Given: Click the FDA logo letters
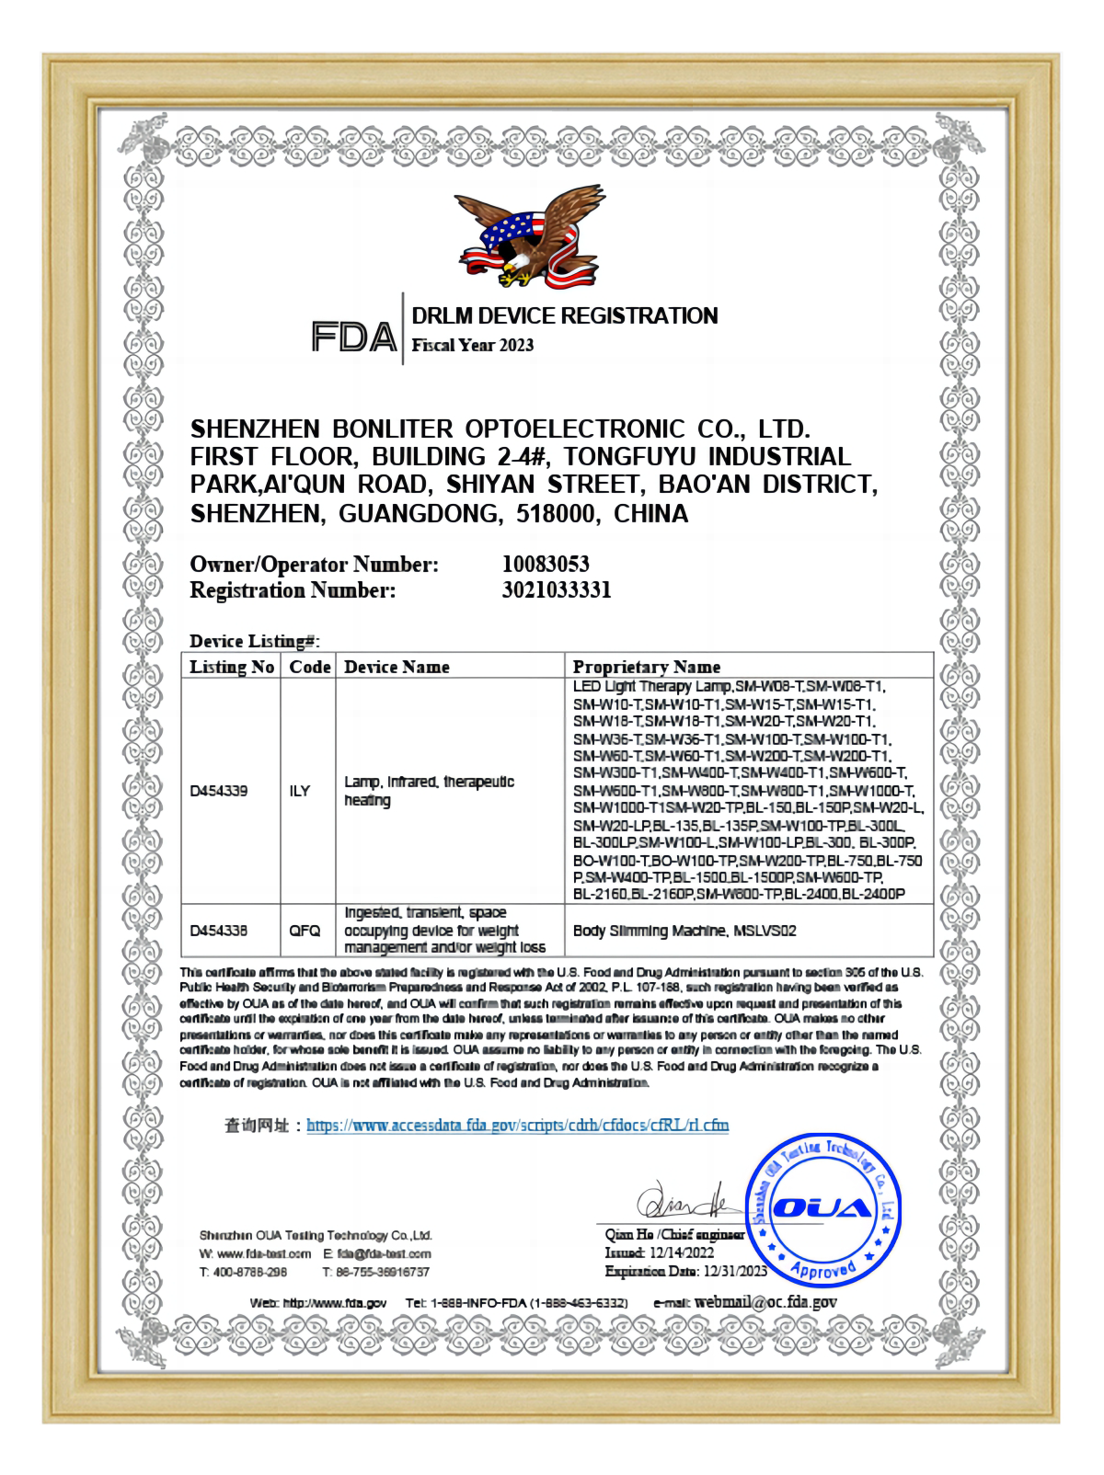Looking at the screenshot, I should pos(354,337).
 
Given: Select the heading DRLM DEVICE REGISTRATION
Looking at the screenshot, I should pos(564,316).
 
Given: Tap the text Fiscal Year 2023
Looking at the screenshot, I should pos(472,346).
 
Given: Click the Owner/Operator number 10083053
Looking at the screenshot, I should pos(546,564).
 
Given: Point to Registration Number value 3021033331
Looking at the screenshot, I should pos(557,590).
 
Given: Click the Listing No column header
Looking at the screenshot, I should pos(232,667).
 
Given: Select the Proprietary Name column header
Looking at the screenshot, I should pos(646,667).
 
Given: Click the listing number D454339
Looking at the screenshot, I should pos(219,791).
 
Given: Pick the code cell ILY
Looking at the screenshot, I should pos(300,791).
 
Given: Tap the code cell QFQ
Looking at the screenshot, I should pos(305,931).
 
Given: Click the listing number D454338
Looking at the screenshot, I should pos(219,931).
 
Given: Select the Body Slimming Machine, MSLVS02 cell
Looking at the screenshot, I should pos(684,931).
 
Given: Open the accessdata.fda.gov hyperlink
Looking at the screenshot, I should pos(517,1125).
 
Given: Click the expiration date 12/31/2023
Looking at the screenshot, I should pos(734,1272).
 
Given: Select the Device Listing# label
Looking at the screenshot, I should pos(255,641).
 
